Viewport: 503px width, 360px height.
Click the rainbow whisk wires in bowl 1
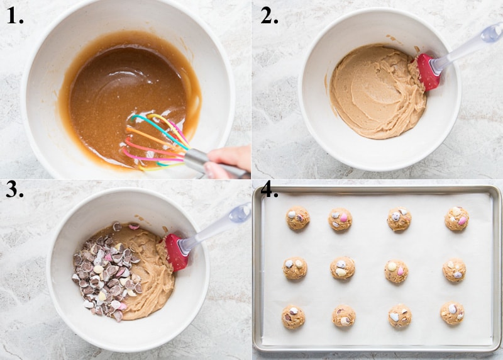154,142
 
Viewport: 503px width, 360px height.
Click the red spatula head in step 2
428,72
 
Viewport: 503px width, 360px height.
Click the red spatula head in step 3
176,251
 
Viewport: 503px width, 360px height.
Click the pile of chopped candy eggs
104,271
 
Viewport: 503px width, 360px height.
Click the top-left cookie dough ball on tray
297,218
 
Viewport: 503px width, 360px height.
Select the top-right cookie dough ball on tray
456,218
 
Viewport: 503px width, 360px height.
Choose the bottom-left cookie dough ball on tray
293,317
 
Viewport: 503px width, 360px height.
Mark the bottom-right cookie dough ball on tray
452,313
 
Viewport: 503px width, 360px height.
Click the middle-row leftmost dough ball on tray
294,268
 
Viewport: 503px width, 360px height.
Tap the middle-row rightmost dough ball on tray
453,269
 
